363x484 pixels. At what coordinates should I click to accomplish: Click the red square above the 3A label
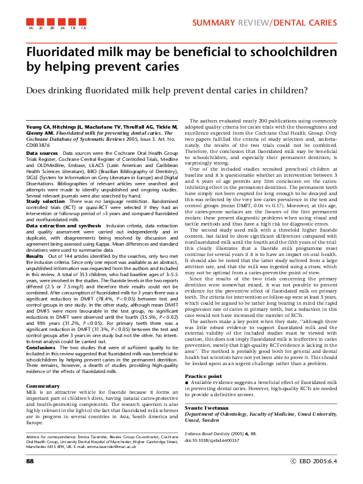(x=31, y=22)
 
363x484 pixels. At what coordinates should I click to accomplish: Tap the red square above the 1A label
(x=84, y=22)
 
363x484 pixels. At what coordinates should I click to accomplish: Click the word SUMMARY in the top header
(x=215, y=23)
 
